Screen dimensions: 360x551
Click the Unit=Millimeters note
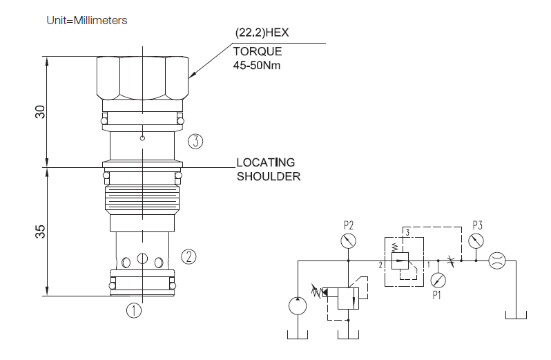87,20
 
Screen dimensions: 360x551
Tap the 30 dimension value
40,112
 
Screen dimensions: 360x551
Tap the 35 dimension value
40,233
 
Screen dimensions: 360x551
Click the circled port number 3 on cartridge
195,142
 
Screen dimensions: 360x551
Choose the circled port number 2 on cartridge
189,257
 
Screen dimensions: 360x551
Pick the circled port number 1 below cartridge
134,310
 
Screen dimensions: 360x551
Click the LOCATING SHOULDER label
269,169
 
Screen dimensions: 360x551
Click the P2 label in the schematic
349,225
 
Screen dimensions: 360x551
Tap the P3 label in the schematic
477,225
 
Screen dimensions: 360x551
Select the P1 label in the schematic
437,296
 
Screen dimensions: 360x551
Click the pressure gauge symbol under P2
349,241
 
